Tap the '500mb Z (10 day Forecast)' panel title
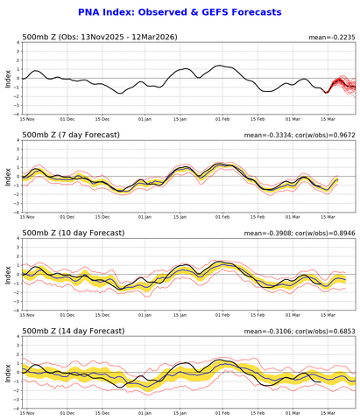pos(68,234)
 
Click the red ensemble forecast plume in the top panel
pos(343,85)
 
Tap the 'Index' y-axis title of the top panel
pos(7,79)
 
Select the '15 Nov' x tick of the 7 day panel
pos(26,216)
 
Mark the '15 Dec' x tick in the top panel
pos(103,118)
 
